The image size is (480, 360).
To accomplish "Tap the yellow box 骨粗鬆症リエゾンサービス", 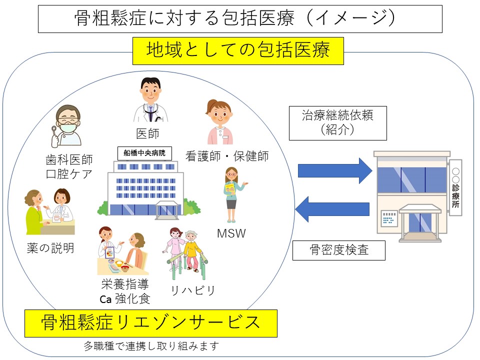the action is [x=150, y=323].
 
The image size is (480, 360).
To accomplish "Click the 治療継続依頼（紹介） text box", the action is [x=338, y=123].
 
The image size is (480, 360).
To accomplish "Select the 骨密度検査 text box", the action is [x=338, y=250].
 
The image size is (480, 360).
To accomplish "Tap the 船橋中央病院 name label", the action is [x=144, y=153].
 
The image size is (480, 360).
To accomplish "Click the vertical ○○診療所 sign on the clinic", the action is [x=455, y=187].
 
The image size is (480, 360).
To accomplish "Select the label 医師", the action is [x=148, y=134].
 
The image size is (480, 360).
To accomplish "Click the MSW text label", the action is [x=231, y=233].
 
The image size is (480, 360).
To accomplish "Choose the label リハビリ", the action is [x=192, y=290].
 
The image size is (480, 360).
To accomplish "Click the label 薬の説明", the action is [x=50, y=248].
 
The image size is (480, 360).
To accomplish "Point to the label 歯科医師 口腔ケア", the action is [x=69, y=167].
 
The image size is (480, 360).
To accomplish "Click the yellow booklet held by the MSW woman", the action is [x=229, y=188].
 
